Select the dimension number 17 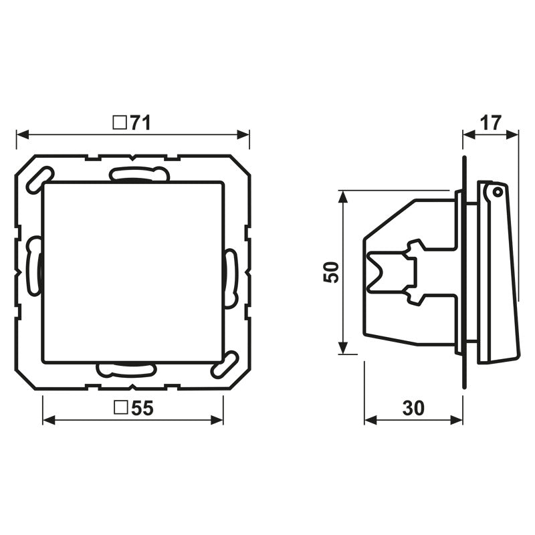[x=491, y=123]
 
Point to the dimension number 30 [x=414, y=409]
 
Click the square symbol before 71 [x=120, y=123]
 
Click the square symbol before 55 [x=120, y=409]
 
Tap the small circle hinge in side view [x=496, y=192]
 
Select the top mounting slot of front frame [x=138, y=175]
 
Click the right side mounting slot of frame [x=231, y=278]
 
